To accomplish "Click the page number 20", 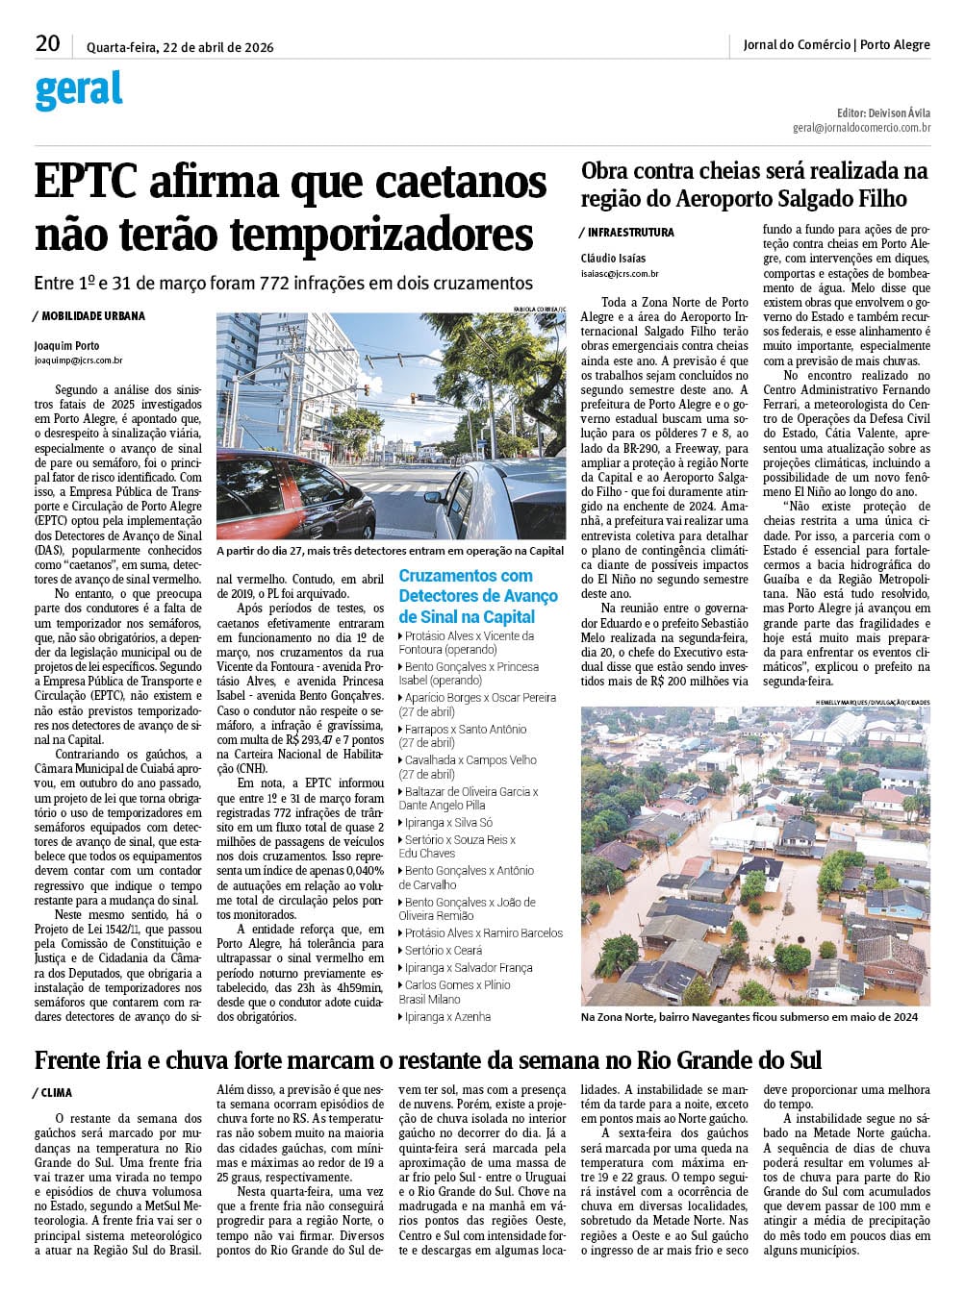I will click(47, 43).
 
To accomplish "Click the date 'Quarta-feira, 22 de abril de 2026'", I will click(180, 47).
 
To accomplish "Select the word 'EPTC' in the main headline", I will click(86, 182).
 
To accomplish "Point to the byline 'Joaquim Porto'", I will click(66, 346).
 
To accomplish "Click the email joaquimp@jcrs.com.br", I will click(78, 360).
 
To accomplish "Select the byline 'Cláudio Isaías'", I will click(613, 259).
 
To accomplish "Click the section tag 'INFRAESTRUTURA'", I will click(630, 233).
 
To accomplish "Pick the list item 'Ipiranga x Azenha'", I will click(447, 1016).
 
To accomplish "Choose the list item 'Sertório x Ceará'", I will click(444, 950).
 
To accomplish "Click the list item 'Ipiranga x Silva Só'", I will click(448, 823).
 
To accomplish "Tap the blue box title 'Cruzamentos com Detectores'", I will click(478, 596).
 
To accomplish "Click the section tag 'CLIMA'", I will click(56, 1093).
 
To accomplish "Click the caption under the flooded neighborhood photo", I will click(749, 1017).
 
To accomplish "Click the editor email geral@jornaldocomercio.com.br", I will click(861, 128).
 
